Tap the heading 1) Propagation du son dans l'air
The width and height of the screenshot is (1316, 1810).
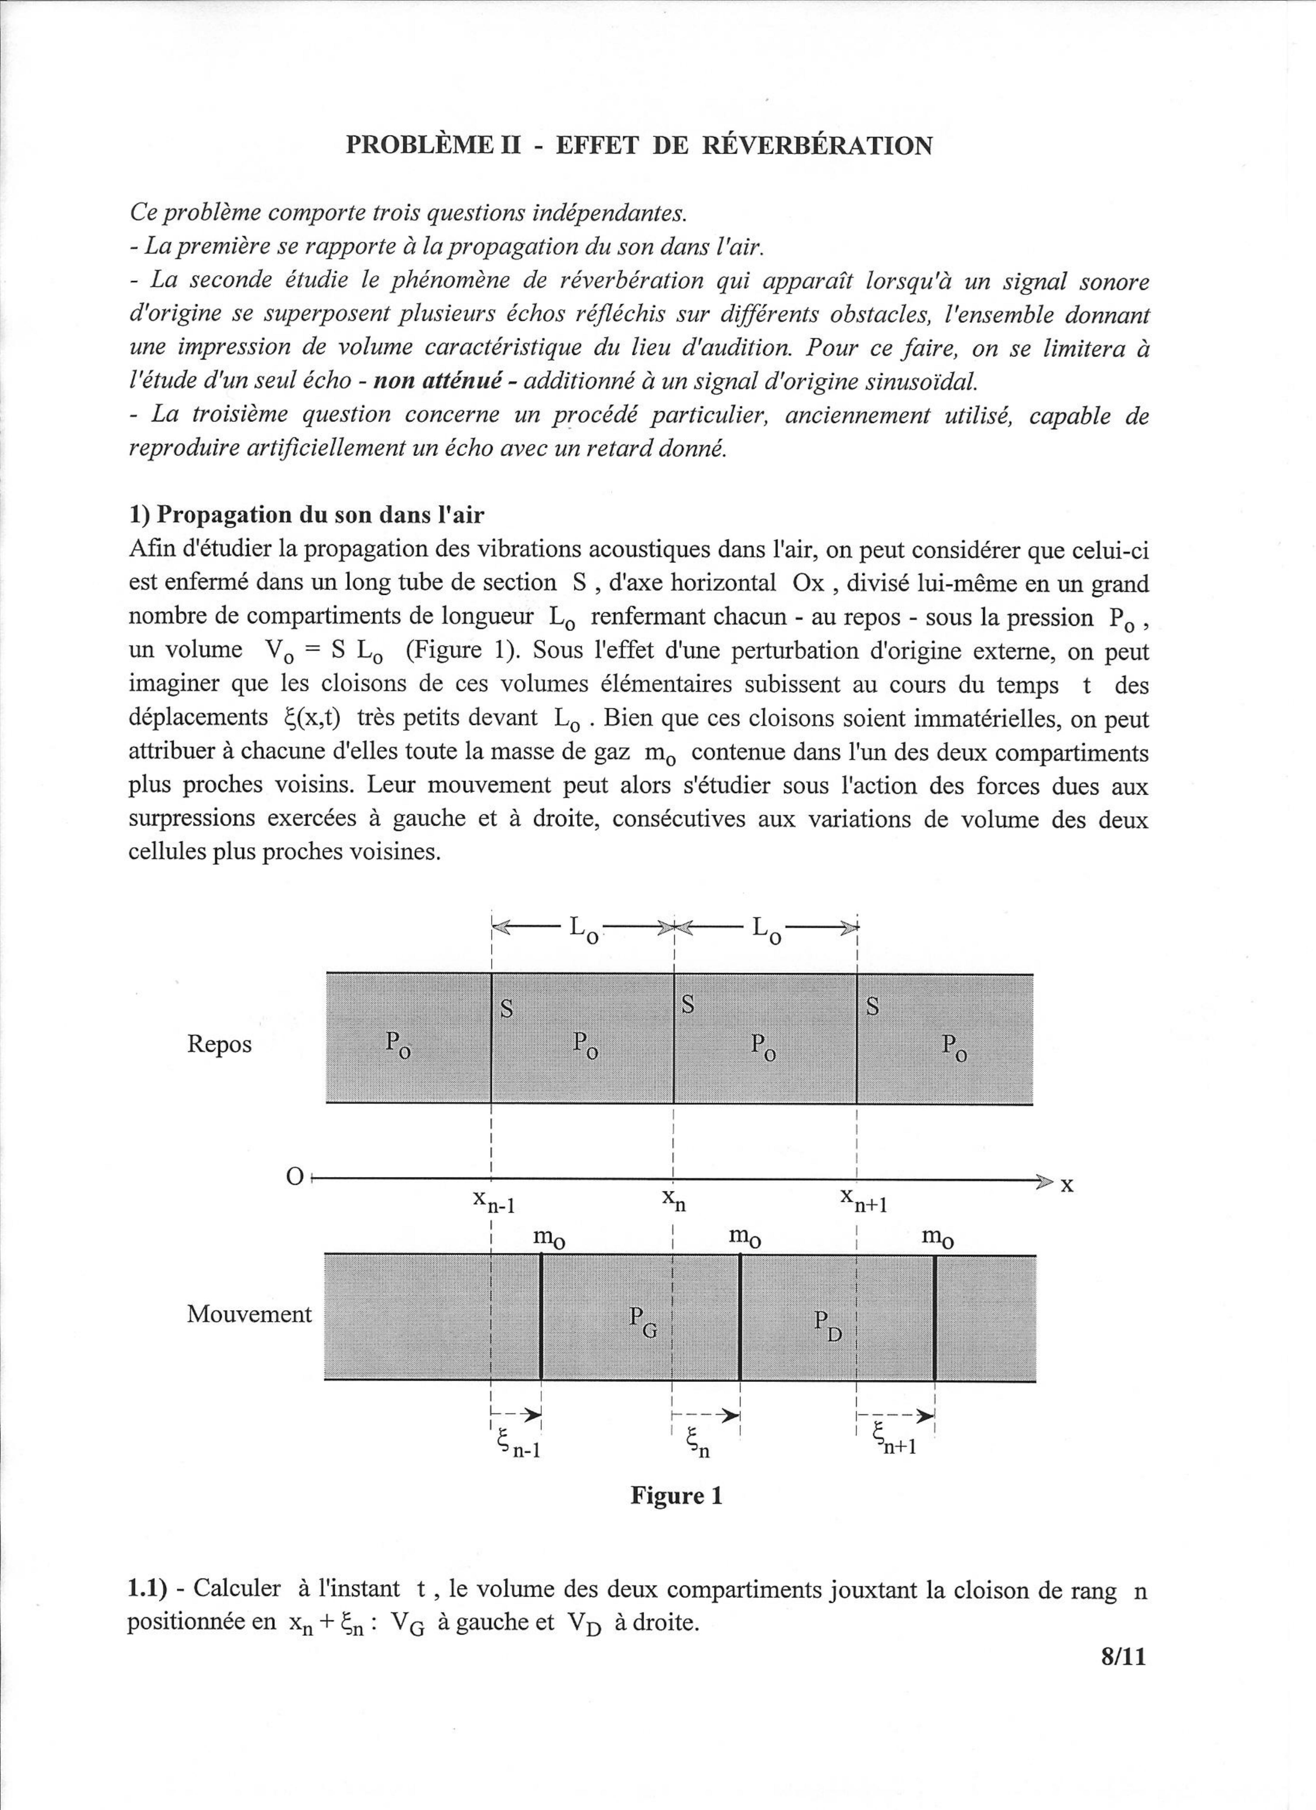tap(306, 515)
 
